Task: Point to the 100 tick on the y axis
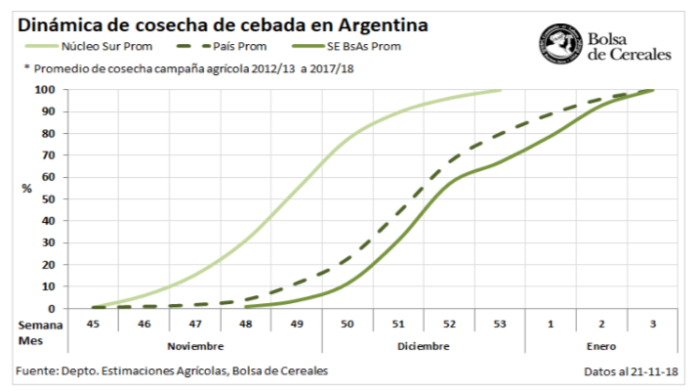click(47, 90)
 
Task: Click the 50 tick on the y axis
click(50, 198)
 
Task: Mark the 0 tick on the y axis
click(53, 308)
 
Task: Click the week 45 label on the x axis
click(94, 323)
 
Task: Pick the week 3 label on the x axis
click(653, 323)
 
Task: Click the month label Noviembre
click(195, 345)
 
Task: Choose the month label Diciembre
click(424, 345)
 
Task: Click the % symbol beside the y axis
click(26, 188)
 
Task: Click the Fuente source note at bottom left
click(172, 371)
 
